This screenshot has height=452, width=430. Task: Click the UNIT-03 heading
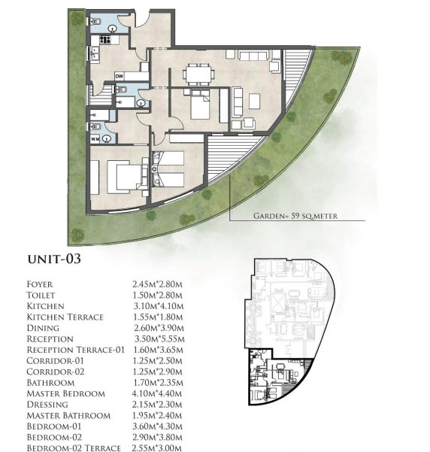pyautogui.click(x=54, y=259)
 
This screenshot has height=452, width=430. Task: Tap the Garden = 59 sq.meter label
pyautogui.click(x=295, y=216)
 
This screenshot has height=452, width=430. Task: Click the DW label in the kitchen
pyautogui.click(x=119, y=77)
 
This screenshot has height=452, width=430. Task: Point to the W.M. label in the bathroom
pyautogui.click(x=95, y=139)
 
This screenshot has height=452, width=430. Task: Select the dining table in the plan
pyautogui.click(x=198, y=73)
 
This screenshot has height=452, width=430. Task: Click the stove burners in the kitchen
pyautogui.click(x=105, y=40)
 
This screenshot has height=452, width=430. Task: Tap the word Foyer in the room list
pyautogui.click(x=40, y=284)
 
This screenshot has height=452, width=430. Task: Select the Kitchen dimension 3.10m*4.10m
pyautogui.click(x=158, y=306)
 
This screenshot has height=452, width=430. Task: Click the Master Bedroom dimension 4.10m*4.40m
pyautogui.click(x=157, y=393)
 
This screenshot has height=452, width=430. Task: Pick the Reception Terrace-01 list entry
pyautogui.click(x=75, y=350)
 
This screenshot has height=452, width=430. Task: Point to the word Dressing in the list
pyautogui.click(x=47, y=405)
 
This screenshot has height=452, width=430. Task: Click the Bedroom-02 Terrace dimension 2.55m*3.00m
pyautogui.click(x=157, y=448)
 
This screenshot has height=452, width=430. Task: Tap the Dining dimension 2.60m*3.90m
pyautogui.click(x=159, y=328)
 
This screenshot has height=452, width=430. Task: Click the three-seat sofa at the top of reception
pyautogui.click(x=253, y=55)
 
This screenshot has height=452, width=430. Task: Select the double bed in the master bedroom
pyautogui.click(x=126, y=177)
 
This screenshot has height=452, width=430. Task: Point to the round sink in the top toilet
pyautogui.click(x=113, y=29)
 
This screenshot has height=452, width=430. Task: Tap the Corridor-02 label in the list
pyautogui.click(x=56, y=372)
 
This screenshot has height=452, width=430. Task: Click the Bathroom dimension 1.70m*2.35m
pyautogui.click(x=158, y=383)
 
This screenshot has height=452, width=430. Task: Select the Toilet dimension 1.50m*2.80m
pyautogui.click(x=157, y=295)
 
